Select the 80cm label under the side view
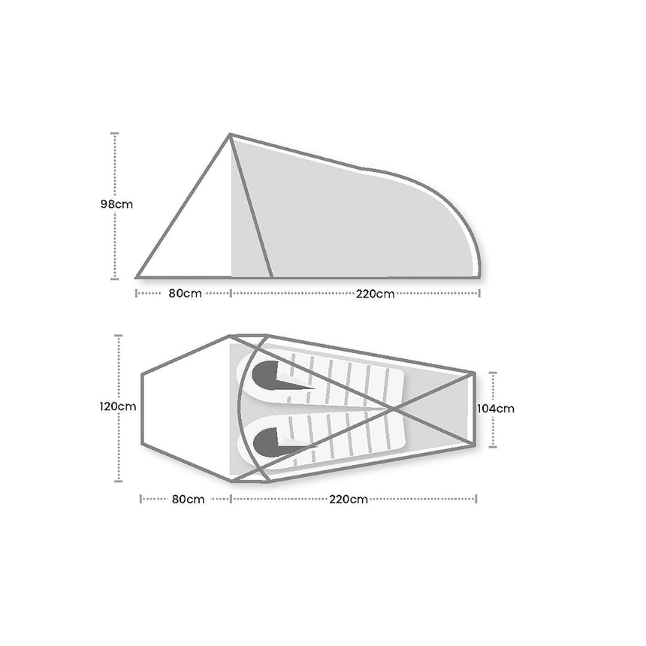click(185, 294)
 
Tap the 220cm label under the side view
click(376, 294)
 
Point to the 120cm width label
click(117, 407)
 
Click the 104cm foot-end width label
click(496, 409)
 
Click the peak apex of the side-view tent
click(230, 134)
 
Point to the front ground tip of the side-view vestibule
click(137, 277)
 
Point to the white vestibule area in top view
click(184, 409)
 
